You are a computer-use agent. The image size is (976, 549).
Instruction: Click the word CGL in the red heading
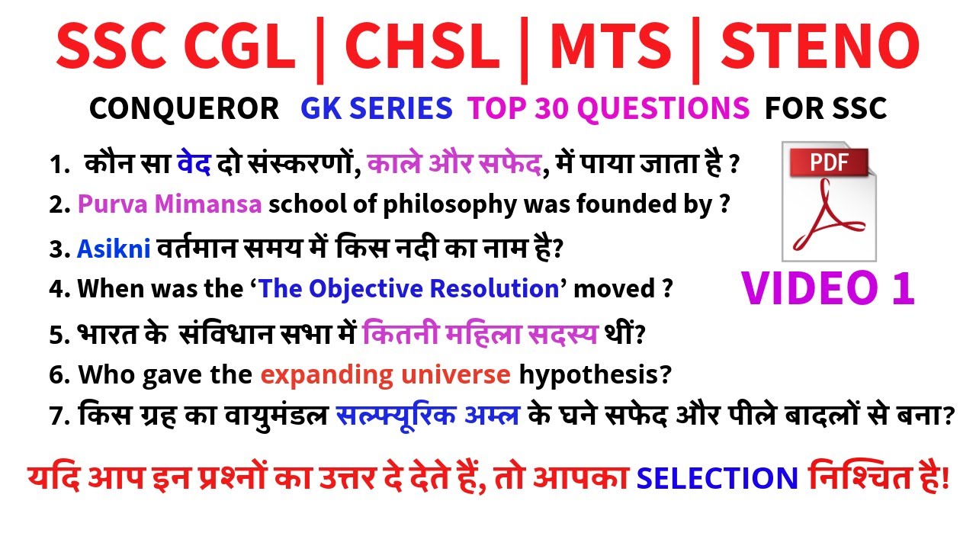click(x=241, y=47)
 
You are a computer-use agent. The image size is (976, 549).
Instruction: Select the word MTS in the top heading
click(x=611, y=47)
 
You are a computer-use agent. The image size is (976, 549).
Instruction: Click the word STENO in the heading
click(x=820, y=47)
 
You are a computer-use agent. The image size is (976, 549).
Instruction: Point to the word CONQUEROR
click(x=184, y=109)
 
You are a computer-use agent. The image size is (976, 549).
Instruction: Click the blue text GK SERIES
click(x=377, y=109)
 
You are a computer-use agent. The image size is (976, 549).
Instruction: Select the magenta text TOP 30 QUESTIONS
click(x=608, y=109)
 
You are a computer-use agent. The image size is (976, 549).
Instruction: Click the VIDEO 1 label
click(x=828, y=288)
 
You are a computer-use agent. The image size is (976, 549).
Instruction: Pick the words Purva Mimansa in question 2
click(x=170, y=204)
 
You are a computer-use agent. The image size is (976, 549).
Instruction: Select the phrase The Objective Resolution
click(x=408, y=289)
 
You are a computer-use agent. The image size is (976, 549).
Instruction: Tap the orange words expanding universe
click(x=385, y=374)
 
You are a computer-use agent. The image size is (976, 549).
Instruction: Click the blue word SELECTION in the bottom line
click(x=717, y=478)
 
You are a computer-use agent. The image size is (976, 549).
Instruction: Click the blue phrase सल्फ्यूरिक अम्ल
click(x=428, y=416)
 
